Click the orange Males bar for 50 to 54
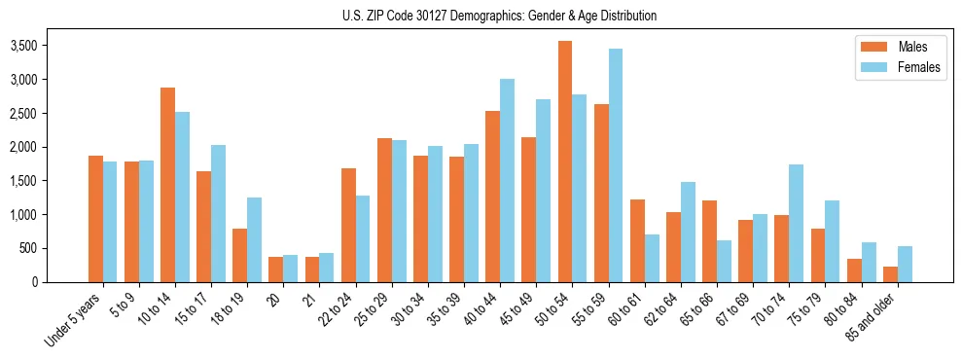[x=564, y=162]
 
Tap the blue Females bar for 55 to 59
[x=616, y=165]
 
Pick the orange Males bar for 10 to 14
[x=167, y=185]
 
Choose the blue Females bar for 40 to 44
[x=507, y=181]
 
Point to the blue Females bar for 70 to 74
[x=796, y=223]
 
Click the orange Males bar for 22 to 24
[x=348, y=225]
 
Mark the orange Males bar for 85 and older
[x=890, y=273]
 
